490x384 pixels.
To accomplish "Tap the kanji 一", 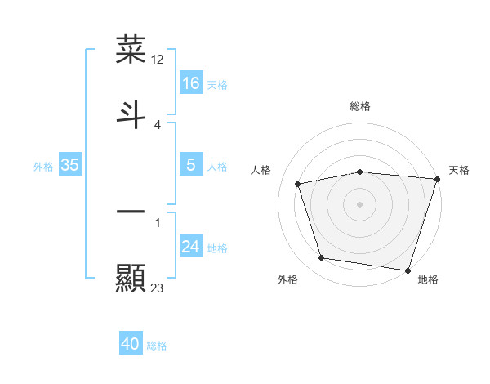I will pos(131,212).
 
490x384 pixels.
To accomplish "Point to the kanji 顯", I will pos(131,278).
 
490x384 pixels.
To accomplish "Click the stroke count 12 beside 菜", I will pos(158,60).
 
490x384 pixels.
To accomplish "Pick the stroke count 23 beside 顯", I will pos(158,288).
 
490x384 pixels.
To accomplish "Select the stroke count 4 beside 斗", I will pos(158,124).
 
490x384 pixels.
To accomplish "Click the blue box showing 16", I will pos(191,83).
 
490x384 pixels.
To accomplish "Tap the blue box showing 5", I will pos(191,165).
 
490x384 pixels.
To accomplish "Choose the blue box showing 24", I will pos(191,247).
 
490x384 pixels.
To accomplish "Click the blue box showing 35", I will pos(69,165).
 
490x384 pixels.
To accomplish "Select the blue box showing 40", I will pos(131,344).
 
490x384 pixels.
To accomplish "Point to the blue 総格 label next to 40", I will pos(157,346).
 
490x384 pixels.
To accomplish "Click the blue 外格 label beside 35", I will pos(43,167).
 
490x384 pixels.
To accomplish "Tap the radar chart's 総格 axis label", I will pos(360,106).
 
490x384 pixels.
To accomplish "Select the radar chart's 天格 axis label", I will pos(459,170).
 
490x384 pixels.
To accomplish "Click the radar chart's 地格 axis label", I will pos(428,280).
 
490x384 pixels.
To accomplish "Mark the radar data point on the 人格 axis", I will pos(298,184).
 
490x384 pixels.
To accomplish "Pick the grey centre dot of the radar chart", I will pos(360,203).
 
